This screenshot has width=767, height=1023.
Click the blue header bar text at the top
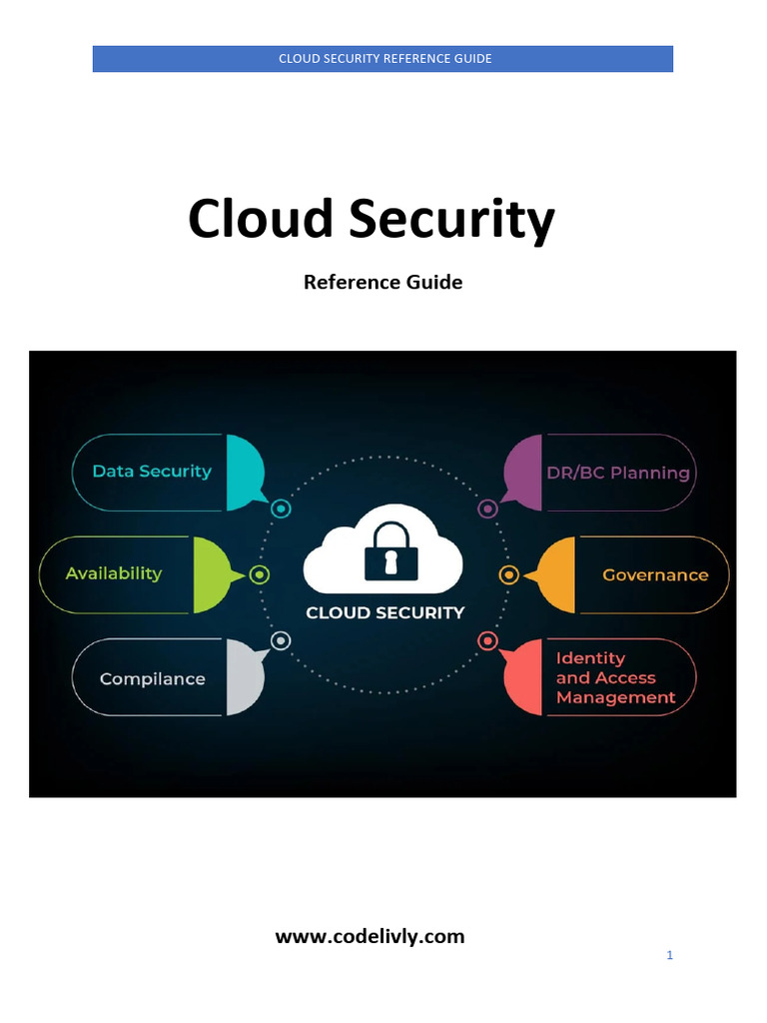click(x=384, y=59)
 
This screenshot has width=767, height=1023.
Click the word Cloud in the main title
click(x=261, y=219)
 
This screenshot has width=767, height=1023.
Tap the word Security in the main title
click(x=451, y=221)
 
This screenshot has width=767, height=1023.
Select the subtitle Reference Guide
click(x=383, y=283)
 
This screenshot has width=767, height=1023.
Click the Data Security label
click(x=152, y=472)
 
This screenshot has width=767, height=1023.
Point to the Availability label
click(x=113, y=573)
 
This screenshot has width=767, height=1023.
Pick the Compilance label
click(x=152, y=679)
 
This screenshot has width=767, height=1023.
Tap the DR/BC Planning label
click(x=618, y=473)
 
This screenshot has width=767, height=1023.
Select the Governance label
click(x=655, y=575)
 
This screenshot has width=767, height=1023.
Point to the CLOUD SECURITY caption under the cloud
click(x=384, y=612)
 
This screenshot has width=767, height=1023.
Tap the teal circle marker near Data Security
click(x=282, y=509)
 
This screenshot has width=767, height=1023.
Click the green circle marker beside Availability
click(x=260, y=574)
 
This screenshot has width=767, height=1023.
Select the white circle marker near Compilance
click(x=282, y=640)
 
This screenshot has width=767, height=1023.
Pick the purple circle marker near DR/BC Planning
click(x=487, y=509)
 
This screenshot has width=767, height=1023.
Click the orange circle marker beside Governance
click(x=508, y=574)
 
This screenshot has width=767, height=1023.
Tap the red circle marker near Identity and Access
click(x=487, y=640)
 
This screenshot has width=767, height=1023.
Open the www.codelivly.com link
click(x=370, y=936)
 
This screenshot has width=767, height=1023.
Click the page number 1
click(x=670, y=955)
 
